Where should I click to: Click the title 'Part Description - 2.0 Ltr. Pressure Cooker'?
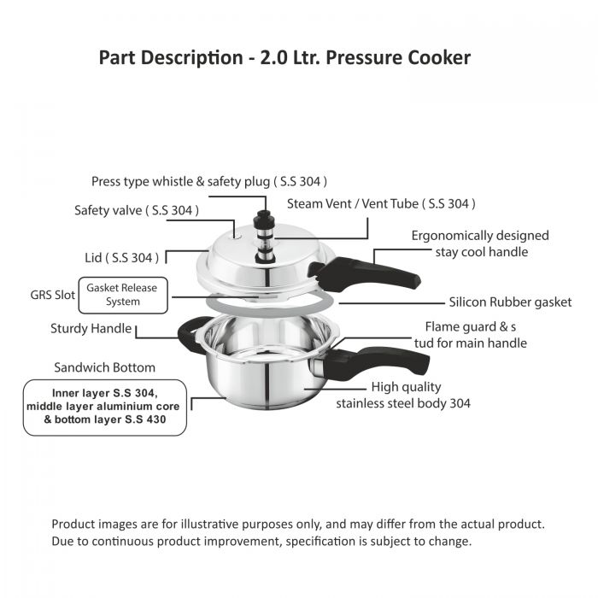click(x=284, y=58)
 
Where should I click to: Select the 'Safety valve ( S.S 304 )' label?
click(x=137, y=210)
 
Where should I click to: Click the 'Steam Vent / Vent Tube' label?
click(x=381, y=204)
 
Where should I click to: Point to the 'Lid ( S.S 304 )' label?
click(x=121, y=258)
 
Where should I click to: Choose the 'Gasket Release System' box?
click(x=123, y=296)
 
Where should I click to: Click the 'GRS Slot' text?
click(x=53, y=295)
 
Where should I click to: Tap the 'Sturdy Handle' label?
click(x=91, y=329)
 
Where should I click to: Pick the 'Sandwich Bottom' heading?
click(x=104, y=367)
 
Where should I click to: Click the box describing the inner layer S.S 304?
click(x=105, y=407)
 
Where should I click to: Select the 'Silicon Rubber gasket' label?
click(x=510, y=302)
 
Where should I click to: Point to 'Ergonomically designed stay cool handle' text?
click(x=480, y=243)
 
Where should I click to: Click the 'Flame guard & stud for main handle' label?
click(x=471, y=335)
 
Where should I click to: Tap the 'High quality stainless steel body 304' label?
click(x=403, y=395)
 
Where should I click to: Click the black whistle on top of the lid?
click(x=266, y=237)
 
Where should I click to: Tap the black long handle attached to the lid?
click(x=364, y=273)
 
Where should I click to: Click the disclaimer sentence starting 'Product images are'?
click(x=298, y=525)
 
